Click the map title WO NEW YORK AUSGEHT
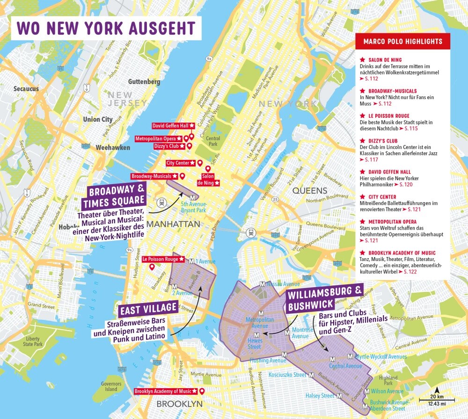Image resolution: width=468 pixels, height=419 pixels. [106, 28]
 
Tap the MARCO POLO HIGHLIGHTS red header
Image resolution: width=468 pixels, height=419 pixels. [402, 41]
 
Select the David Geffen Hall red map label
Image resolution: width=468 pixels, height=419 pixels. [170, 126]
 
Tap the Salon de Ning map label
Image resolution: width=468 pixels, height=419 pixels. [208, 180]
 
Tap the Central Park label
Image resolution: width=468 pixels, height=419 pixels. [213, 141]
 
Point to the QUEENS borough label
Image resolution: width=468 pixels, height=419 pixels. [310, 190]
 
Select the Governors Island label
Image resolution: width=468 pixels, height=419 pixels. [111, 386]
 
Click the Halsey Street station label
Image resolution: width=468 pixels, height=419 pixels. [320, 396]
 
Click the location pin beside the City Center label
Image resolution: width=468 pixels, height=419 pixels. [200, 163]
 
